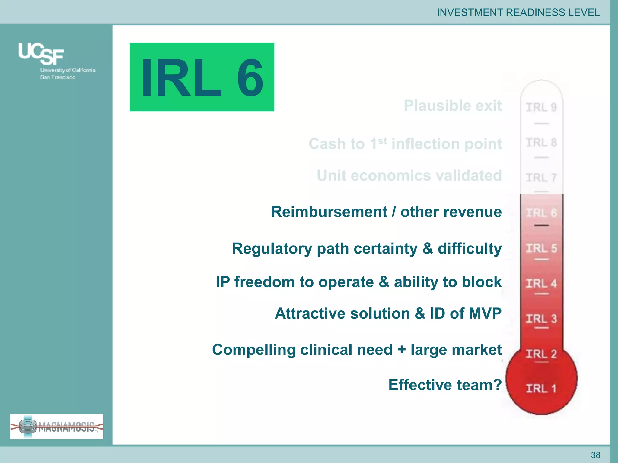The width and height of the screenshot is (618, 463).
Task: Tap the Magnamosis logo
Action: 57,426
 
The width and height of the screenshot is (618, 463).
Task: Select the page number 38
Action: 595,455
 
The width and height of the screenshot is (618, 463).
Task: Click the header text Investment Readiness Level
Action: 518,12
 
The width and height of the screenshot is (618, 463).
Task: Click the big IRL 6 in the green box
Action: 202,77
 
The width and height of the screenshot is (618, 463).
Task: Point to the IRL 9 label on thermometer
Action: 541,107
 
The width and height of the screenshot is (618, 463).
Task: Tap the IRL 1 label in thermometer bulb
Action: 541,388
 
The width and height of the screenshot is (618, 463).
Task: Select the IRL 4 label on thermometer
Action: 541,283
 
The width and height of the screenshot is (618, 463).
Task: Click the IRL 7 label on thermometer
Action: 541,178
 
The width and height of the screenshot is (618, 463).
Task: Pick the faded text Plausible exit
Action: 453,106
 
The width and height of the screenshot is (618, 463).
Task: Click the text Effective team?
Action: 445,385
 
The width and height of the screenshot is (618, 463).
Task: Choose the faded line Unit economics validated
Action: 409,175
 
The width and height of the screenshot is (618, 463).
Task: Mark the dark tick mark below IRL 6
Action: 541,225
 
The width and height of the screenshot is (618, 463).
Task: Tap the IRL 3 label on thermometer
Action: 541,319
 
